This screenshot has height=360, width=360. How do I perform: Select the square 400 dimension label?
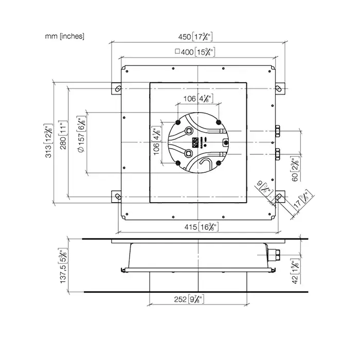click(195, 51)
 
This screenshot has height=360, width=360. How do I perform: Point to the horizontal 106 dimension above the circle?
click(198, 99)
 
